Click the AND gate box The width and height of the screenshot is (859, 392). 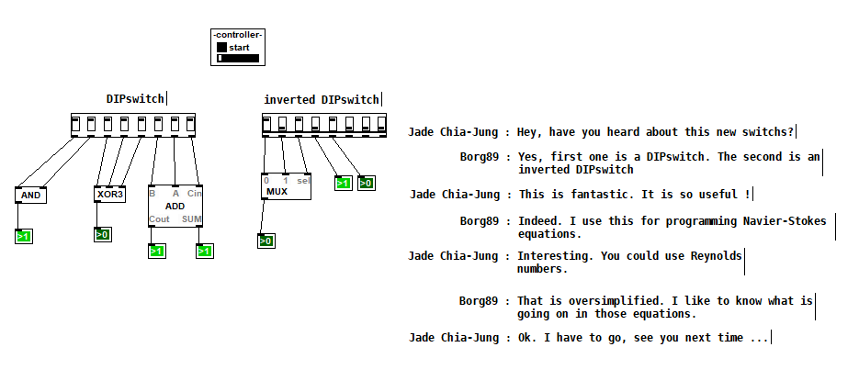coord(30,195)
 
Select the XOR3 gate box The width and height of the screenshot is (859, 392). coord(109,195)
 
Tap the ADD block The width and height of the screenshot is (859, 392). coord(175,207)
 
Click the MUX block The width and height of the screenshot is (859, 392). coord(286,186)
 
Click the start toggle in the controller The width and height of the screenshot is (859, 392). coord(222,48)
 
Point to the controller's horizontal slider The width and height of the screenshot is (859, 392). coord(238,58)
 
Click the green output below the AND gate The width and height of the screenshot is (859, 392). coord(24,237)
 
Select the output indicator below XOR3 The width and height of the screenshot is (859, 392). coord(103,235)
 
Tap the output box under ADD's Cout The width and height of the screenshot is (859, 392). coord(157,251)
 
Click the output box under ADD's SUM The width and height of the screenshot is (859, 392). coord(204,251)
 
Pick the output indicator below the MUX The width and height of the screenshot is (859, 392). coord(266,241)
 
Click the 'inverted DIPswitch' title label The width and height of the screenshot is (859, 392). coord(322,100)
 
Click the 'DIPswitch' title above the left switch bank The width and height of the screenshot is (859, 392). coord(135,98)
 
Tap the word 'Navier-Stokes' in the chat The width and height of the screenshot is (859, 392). coord(785,221)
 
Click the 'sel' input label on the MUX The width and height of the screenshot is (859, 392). coord(303,181)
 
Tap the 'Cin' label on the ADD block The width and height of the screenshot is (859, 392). coord(195,194)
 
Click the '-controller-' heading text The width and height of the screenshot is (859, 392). coord(238,35)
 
